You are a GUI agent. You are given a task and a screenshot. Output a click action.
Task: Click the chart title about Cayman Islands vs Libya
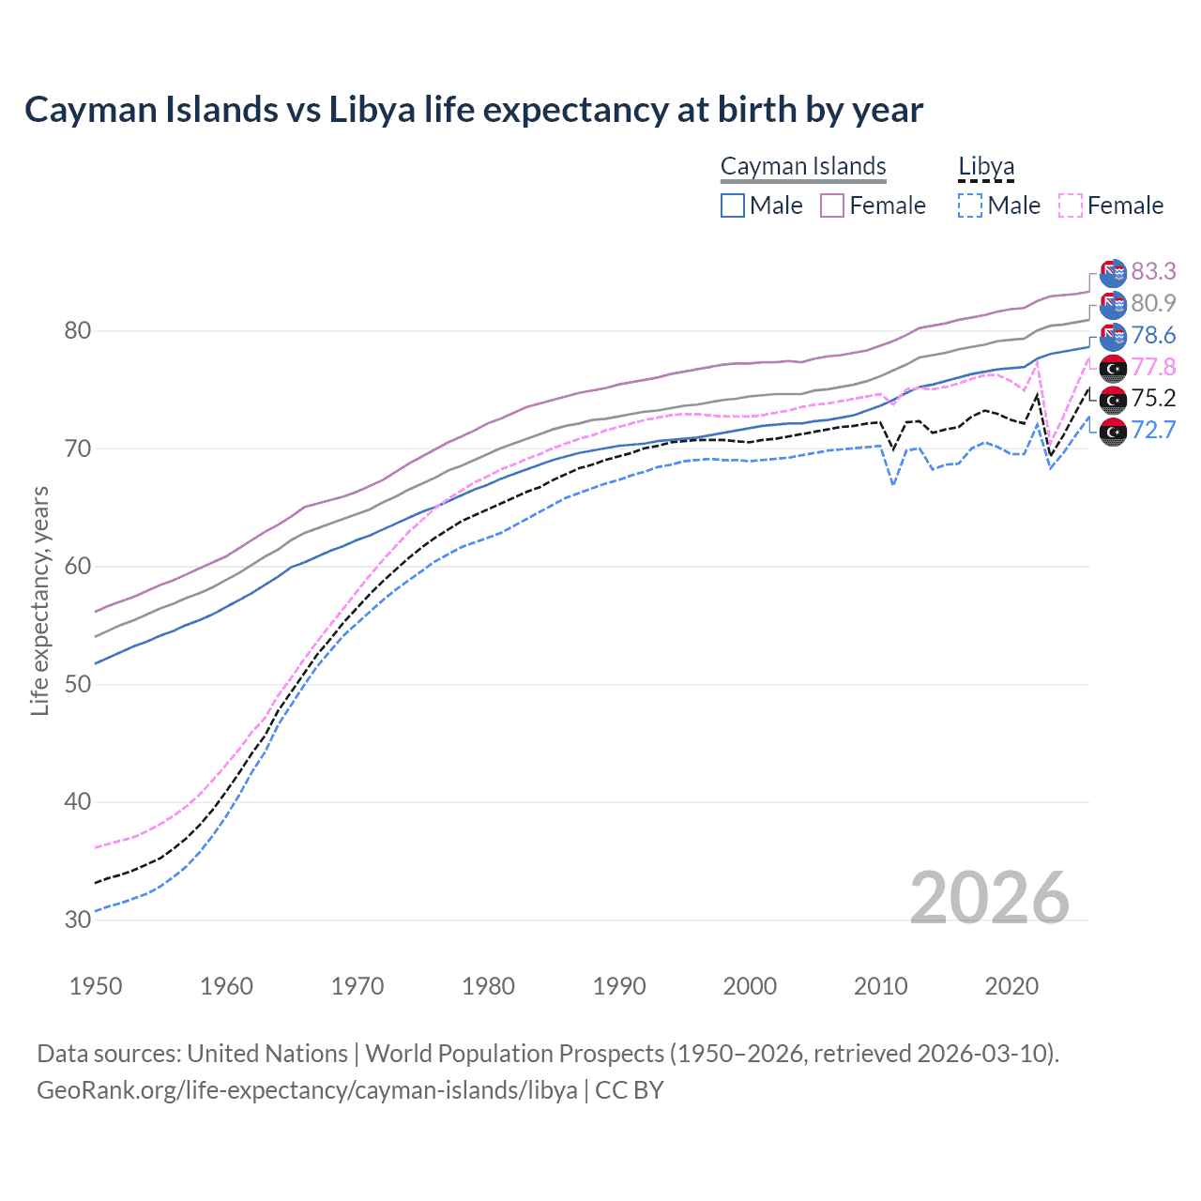pyautogui.click(x=474, y=110)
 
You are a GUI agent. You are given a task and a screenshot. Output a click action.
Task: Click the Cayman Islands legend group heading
pyautogui.click(x=803, y=166)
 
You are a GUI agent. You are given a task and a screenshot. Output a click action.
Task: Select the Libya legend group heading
pyautogui.click(x=986, y=166)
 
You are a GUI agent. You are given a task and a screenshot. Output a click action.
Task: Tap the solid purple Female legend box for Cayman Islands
pyautogui.click(x=832, y=205)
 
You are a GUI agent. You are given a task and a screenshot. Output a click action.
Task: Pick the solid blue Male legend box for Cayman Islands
pyautogui.click(x=733, y=205)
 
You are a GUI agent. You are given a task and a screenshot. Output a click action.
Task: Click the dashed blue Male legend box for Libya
pyautogui.click(x=970, y=205)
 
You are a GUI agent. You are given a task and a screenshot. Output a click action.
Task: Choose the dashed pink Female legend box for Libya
pyautogui.click(x=1071, y=205)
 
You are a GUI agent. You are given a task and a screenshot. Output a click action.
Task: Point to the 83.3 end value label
pyautogui.click(x=1153, y=271)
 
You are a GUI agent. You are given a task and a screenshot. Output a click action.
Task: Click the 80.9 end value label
pyautogui.click(x=1153, y=303)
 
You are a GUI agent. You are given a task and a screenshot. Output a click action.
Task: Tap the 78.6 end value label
pyautogui.click(x=1153, y=335)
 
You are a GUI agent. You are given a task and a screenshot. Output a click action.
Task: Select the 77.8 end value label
pyautogui.click(x=1153, y=367)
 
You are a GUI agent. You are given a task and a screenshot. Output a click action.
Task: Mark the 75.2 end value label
pyautogui.click(x=1153, y=398)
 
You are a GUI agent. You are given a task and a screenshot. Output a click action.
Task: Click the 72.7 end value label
pyautogui.click(x=1153, y=430)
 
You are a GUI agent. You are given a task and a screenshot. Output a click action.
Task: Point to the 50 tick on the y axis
pyautogui.click(x=78, y=684)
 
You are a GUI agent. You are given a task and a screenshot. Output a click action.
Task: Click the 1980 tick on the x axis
pyautogui.click(x=488, y=986)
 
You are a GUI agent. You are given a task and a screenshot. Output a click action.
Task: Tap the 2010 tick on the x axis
pyautogui.click(x=880, y=986)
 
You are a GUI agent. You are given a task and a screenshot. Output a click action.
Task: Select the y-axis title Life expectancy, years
pyautogui.click(x=39, y=600)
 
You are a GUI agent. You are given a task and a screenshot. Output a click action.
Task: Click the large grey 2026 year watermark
pyautogui.click(x=990, y=898)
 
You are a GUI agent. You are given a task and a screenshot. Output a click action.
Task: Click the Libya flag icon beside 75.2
pyautogui.click(x=1113, y=400)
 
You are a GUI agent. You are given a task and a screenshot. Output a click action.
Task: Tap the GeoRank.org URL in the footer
pyautogui.click(x=307, y=1090)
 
